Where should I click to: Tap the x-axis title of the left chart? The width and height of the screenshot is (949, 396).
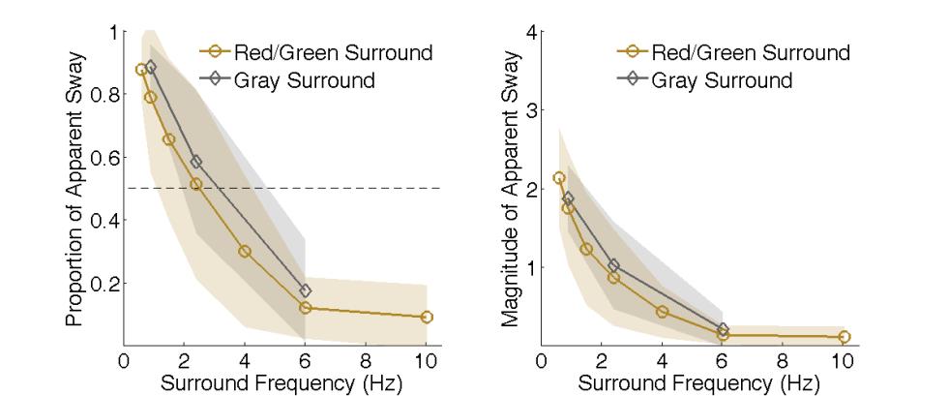tap(275, 383)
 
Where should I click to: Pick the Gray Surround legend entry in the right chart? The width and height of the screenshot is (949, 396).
tap(721, 80)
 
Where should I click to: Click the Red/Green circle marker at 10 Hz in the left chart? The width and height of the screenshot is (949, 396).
tap(427, 317)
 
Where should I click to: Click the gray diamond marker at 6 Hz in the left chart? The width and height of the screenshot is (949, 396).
tap(306, 290)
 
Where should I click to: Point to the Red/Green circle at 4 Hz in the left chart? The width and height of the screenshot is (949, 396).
tap(245, 251)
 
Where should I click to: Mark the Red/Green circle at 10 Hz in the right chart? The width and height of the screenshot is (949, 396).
tap(844, 337)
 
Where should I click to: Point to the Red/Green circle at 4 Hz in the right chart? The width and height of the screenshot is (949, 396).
tap(662, 312)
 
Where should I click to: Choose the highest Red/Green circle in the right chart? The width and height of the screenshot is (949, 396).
tap(558, 178)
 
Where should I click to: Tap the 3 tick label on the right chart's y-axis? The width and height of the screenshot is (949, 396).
tap(529, 110)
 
